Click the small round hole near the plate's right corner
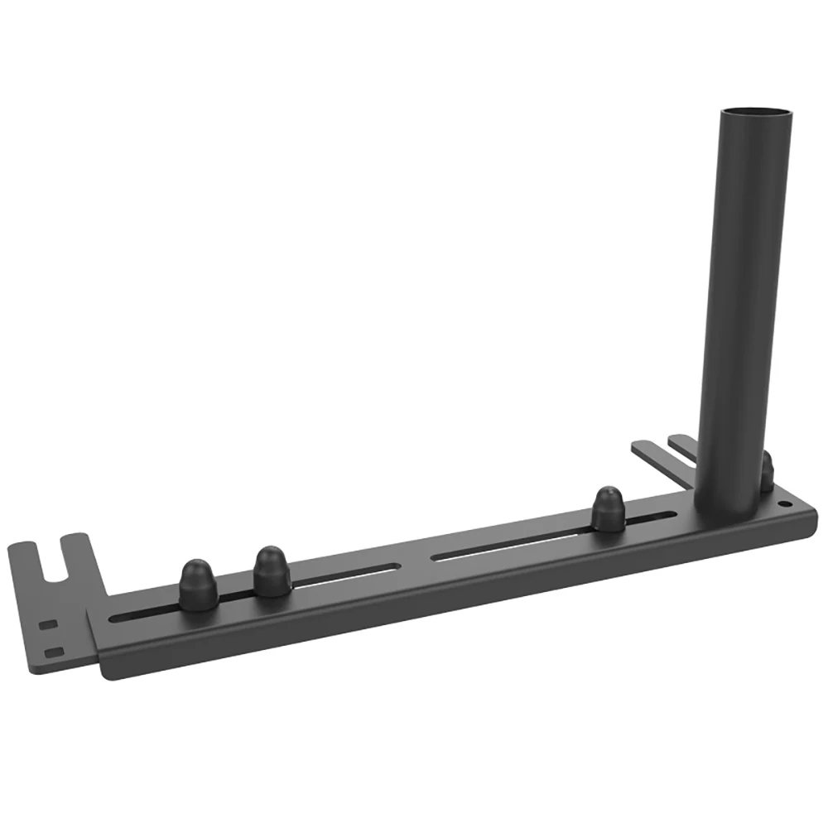click(787, 503)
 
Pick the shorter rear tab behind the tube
click(682, 441)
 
